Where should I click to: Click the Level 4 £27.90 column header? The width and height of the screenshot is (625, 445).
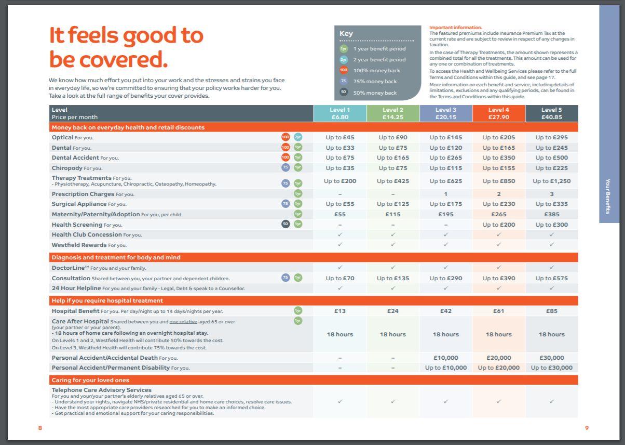[x=499, y=113]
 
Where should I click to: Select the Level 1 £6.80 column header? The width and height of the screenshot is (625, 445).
[x=340, y=113]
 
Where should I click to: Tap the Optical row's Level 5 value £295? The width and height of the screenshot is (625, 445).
[x=551, y=137]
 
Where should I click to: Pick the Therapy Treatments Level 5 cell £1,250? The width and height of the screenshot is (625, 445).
[x=551, y=181]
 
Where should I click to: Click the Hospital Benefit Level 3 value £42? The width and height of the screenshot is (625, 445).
[x=445, y=311]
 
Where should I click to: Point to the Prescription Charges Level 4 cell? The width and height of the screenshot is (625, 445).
[x=499, y=194]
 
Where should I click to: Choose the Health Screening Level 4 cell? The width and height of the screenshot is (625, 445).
[x=499, y=225]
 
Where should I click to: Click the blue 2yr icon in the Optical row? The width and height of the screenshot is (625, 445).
[x=298, y=137]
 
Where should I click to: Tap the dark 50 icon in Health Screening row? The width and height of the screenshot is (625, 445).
[x=286, y=224]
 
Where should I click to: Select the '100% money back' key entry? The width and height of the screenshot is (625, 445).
[x=370, y=70]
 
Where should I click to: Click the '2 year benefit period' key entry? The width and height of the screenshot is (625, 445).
[x=373, y=59]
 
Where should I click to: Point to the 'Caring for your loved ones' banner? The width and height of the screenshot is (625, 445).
[x=314, y=380]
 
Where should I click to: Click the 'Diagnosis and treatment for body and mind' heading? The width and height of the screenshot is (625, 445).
[x=116, y=257]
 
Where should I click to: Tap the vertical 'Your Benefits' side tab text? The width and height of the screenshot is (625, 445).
[x=608, y=197]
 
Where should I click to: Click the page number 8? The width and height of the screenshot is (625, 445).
[x=40, y=428]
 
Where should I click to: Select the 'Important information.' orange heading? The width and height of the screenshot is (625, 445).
[x=455, y=28]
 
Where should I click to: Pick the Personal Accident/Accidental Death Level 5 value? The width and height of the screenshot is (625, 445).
[x=551, y=358]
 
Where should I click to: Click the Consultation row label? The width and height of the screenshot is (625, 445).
[x=71, y=278]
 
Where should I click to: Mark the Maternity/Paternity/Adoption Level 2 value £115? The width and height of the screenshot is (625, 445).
[x=392, y=214]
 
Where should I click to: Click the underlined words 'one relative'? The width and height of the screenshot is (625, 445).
[x=183, y=321]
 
